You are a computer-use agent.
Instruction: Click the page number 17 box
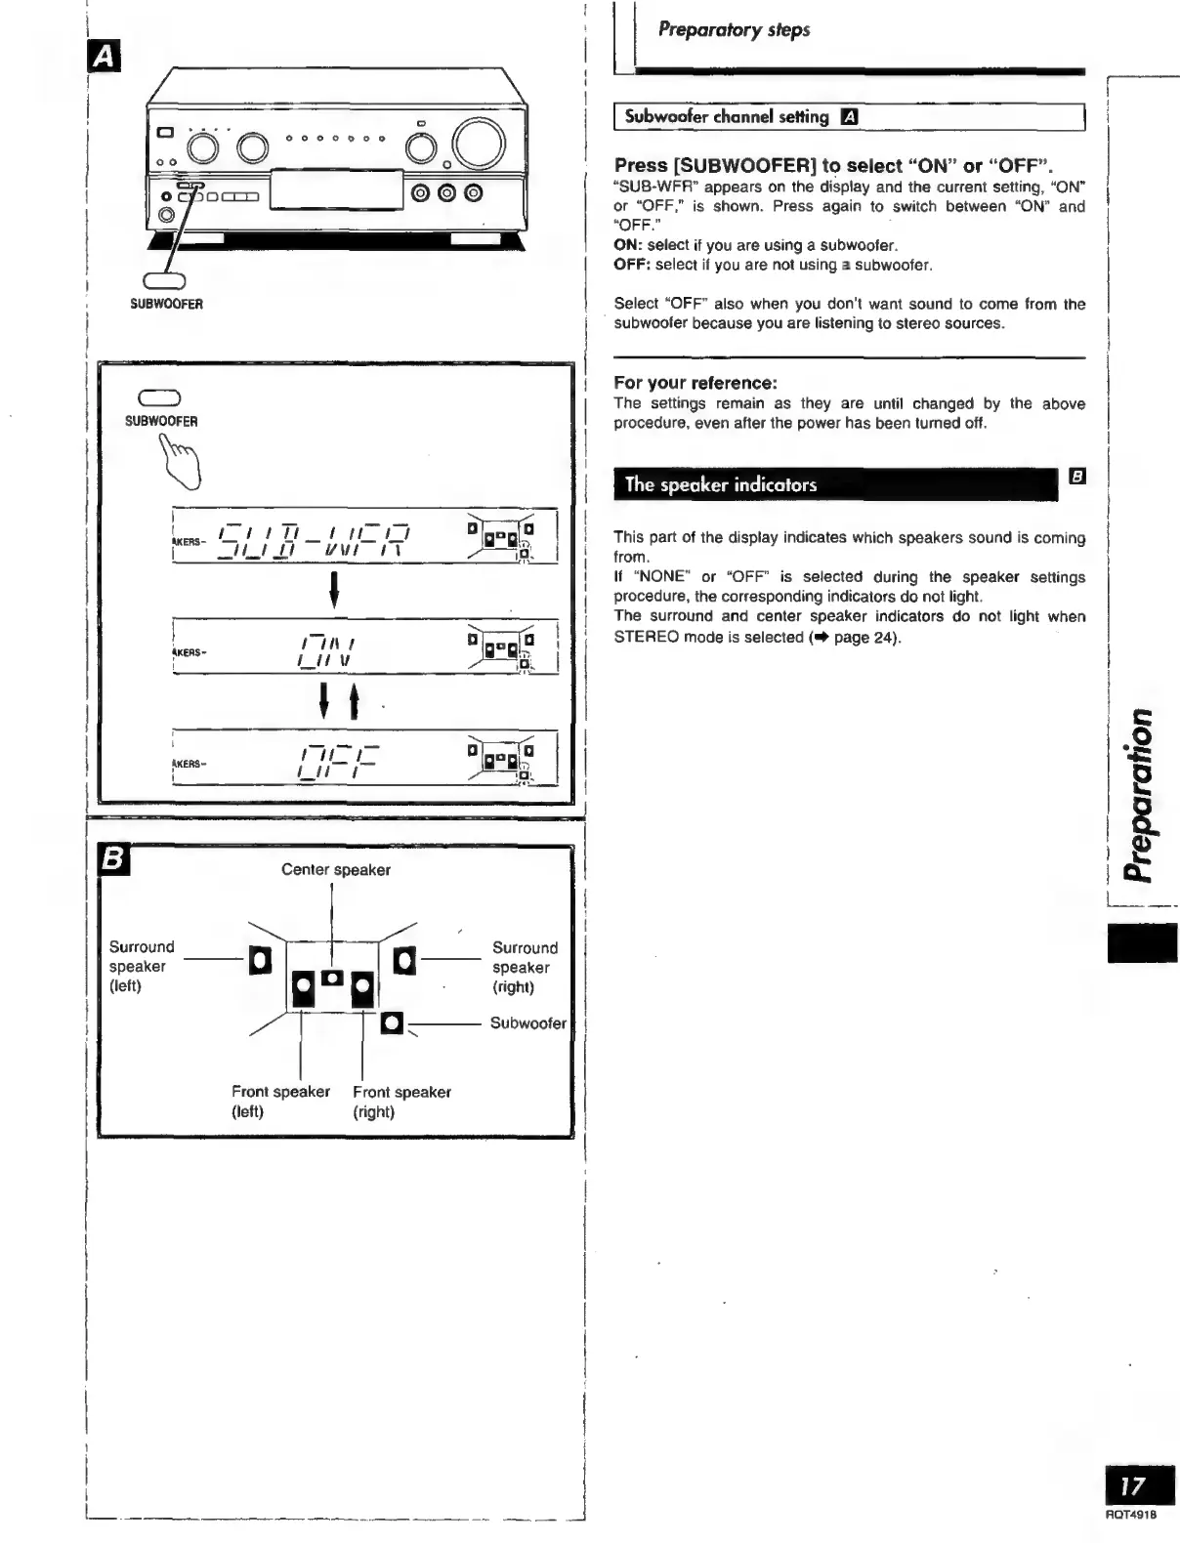(x=1133, y=1486)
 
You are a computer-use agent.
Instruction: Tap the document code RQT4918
(x=1130, y=1515)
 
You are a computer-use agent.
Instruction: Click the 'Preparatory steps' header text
(x=734, y=30)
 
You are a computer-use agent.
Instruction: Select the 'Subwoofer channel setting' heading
(x=727, y=117)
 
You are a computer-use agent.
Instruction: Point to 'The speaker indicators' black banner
(x=835, y=484)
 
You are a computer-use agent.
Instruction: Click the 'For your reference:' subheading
(x=695, y=383)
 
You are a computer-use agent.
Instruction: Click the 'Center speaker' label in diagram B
(x=335, y=870)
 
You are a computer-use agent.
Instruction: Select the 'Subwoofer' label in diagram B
(x=527, y=1023)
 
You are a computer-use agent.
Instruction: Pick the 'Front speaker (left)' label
(x=280, y=1102)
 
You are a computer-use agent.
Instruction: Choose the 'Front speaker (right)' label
(x=401, y=1102)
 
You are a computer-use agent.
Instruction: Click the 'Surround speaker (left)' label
(x=141, y=966)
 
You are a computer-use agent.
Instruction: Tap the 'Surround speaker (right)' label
(x=524, y=967)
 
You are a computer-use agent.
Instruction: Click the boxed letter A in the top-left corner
(x=105, y=60)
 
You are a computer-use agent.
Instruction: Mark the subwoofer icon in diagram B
(x=392, y=1022)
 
